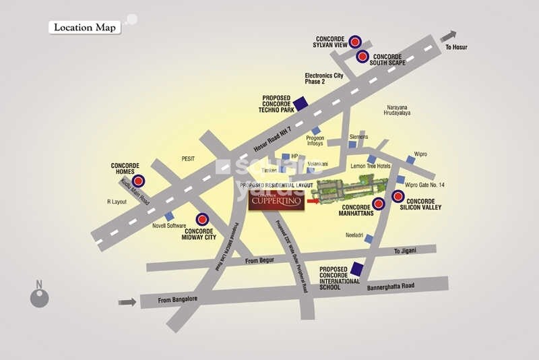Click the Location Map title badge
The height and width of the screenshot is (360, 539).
[84, 28]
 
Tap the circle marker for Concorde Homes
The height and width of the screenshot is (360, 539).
[138, 181]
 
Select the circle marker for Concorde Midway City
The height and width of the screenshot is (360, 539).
[201, 219]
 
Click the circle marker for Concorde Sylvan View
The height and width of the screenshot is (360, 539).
[355, 42]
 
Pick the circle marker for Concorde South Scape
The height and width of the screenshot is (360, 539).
[362, 57]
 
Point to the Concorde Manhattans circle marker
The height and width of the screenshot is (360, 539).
[379, 203]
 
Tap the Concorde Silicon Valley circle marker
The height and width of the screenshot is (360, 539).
[398, 197]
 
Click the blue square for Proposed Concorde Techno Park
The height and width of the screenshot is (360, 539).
[301, 104]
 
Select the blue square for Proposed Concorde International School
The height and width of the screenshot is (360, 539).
[356, 270]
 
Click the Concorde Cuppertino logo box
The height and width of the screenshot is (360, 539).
[276, 200]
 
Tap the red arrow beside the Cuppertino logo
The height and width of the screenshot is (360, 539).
[313, 200]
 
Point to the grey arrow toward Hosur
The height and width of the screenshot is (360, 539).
[448, 36]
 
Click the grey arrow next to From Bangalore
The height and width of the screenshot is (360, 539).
[127, 301]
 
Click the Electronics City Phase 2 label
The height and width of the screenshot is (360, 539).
[323, 79]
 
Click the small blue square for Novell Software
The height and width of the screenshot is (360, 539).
[160, 216]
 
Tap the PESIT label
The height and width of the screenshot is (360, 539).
[188, 158]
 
